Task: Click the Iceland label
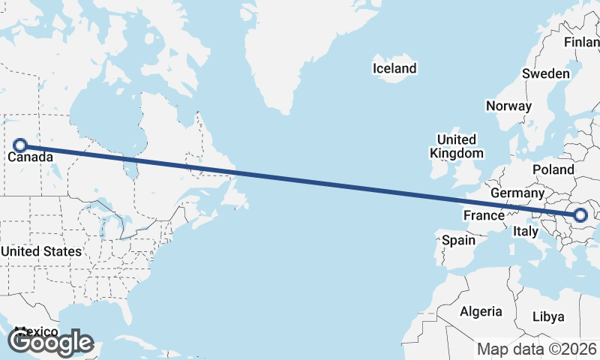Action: pyautogui.click(x=394, y=69)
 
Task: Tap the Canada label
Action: pyautogui.click(x=30, y=157)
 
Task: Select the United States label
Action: pyautogui.click(x=41, y=251)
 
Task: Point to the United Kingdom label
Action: pyautogui.click(x=456, y=146)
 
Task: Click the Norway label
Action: pyautogui.click(x=508, y=106)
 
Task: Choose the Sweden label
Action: pyautogui.click(x=545, y=73)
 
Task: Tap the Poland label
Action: pyautogui.click(x=553, y=170)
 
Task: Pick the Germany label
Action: pyautogui.click(x=517, y=193)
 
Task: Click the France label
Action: pyautogui.click(x=484, y=216)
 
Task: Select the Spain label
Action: pyautogui.click(x=458, y=240)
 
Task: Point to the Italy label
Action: pyautogui.click(x=526, y=232)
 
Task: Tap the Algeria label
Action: pyautogui.click(x=481, y=311)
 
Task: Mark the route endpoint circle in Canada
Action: pyautogui.click(x=21, y=145)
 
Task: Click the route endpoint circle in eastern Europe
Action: pyautogui.click(x=580, y=216)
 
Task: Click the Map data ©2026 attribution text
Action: pyautogui.click(x=537, y=349)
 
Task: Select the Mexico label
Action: pyautogui.click(x=36, y=331)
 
